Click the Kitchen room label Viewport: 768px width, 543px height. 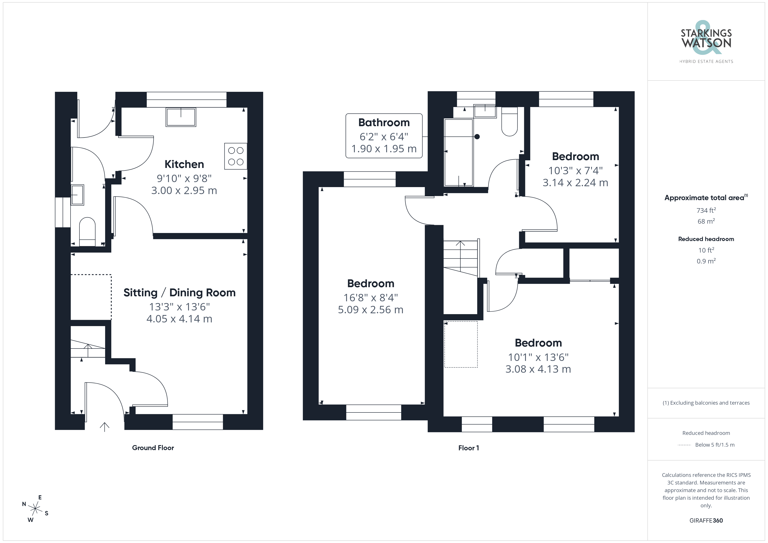pos(184,164)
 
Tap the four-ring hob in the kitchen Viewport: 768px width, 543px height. pos(236,156)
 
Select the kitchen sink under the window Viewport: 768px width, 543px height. pos(181,117)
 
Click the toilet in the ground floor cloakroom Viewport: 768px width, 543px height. pos(87,232)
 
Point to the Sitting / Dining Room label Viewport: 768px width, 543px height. pos(180,293)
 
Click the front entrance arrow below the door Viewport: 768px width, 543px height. pos(104,427)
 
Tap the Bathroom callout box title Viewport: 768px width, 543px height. pos(384,122)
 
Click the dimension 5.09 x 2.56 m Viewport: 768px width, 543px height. pos(371,310)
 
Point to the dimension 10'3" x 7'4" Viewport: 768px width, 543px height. pos(575,171)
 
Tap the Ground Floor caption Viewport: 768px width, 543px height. pos(153,448)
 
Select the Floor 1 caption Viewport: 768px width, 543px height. pos(469,448)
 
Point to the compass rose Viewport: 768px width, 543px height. pos(35,509)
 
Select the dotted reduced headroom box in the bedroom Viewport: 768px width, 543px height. pos(461,344)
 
